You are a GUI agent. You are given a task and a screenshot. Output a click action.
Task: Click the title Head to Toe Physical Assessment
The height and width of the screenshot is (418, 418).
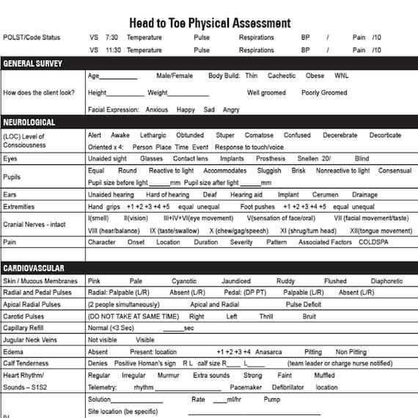(x=209, y=23)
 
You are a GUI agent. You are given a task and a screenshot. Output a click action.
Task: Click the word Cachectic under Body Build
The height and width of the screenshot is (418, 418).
(x=282, y=76)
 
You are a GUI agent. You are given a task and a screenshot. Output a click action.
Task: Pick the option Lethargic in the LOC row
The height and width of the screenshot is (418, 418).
(x=153, y=136)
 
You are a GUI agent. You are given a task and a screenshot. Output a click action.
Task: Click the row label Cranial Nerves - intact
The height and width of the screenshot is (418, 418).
(x=34, y=224)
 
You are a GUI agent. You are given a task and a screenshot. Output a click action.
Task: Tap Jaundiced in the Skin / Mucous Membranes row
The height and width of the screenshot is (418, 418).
(x=235, y=281)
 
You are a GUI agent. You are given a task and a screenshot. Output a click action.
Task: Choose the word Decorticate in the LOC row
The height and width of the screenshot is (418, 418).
(x=385, y=136)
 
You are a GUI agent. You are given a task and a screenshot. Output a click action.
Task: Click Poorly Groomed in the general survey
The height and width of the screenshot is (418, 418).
(x=324, y=93)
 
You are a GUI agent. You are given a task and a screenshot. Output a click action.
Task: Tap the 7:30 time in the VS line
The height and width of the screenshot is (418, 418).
(x=111, y=37)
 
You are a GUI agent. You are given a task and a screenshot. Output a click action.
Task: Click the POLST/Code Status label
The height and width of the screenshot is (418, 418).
(x=32, y=37)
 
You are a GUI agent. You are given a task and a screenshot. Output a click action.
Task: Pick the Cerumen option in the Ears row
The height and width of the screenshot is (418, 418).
(x=325, y=195)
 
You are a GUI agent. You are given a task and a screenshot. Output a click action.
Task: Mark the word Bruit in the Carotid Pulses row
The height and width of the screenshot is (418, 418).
(x=309, y=317)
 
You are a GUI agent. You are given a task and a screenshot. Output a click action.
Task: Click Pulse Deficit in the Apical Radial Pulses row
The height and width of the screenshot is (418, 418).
(x=304, y=304)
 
